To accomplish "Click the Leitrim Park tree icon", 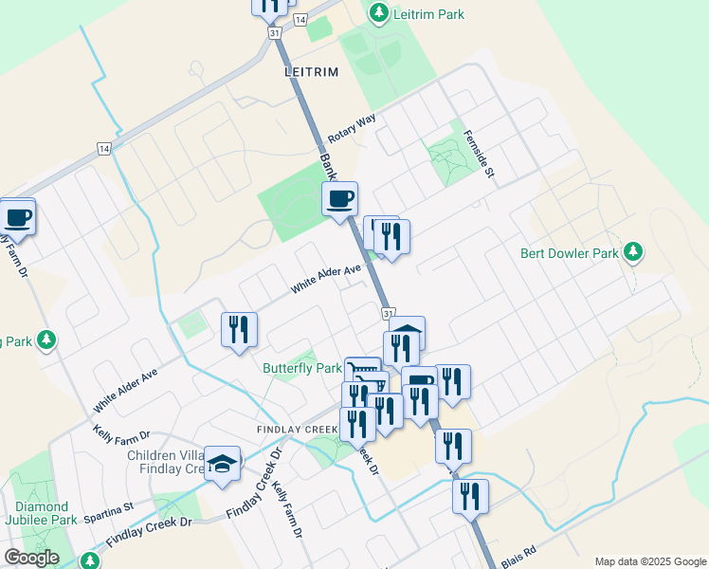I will pos(379,13).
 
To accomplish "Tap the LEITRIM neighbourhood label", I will pos(311,72).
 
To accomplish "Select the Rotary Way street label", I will pos(353,130).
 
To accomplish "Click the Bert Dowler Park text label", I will pos(569,253).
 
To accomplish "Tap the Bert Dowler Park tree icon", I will pos(633,252).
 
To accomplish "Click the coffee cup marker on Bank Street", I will pos(340,199).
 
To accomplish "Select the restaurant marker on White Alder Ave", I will pos(239,329).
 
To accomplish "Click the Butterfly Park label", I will pos(301,368).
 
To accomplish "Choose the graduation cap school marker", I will pos(223,465).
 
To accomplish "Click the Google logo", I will pos(31,557).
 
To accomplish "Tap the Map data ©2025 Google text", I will pos(649,561).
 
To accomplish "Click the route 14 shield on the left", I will pos(103,149).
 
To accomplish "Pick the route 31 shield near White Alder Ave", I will pos(389,313).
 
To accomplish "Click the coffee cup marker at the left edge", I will pos(17,216).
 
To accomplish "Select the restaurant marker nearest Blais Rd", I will pos(470,496).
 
